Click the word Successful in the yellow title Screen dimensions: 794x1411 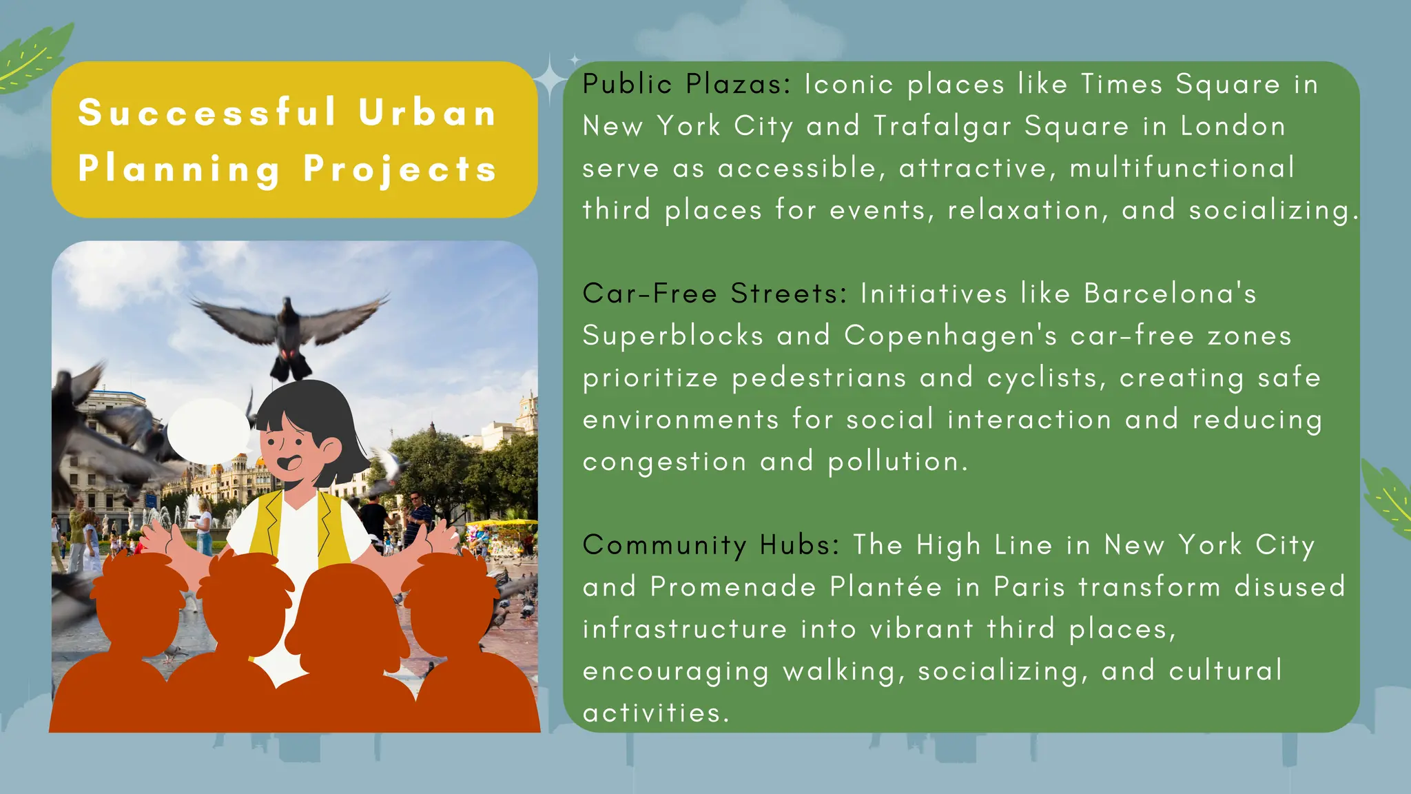(x=207, y=112)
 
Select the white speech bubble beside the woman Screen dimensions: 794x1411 (x=208, y=431)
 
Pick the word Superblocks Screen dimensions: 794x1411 (x=672, y=336)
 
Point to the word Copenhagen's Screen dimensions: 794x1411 (x=950, y=336)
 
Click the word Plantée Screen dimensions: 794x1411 (x=885, y=587)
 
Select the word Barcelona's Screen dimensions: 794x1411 (x=1170, y=294)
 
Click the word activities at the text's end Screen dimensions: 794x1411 (x=655, y=713)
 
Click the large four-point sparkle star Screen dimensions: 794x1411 (x=550, y=79)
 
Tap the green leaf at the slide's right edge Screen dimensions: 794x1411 (x=1388, y=499)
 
